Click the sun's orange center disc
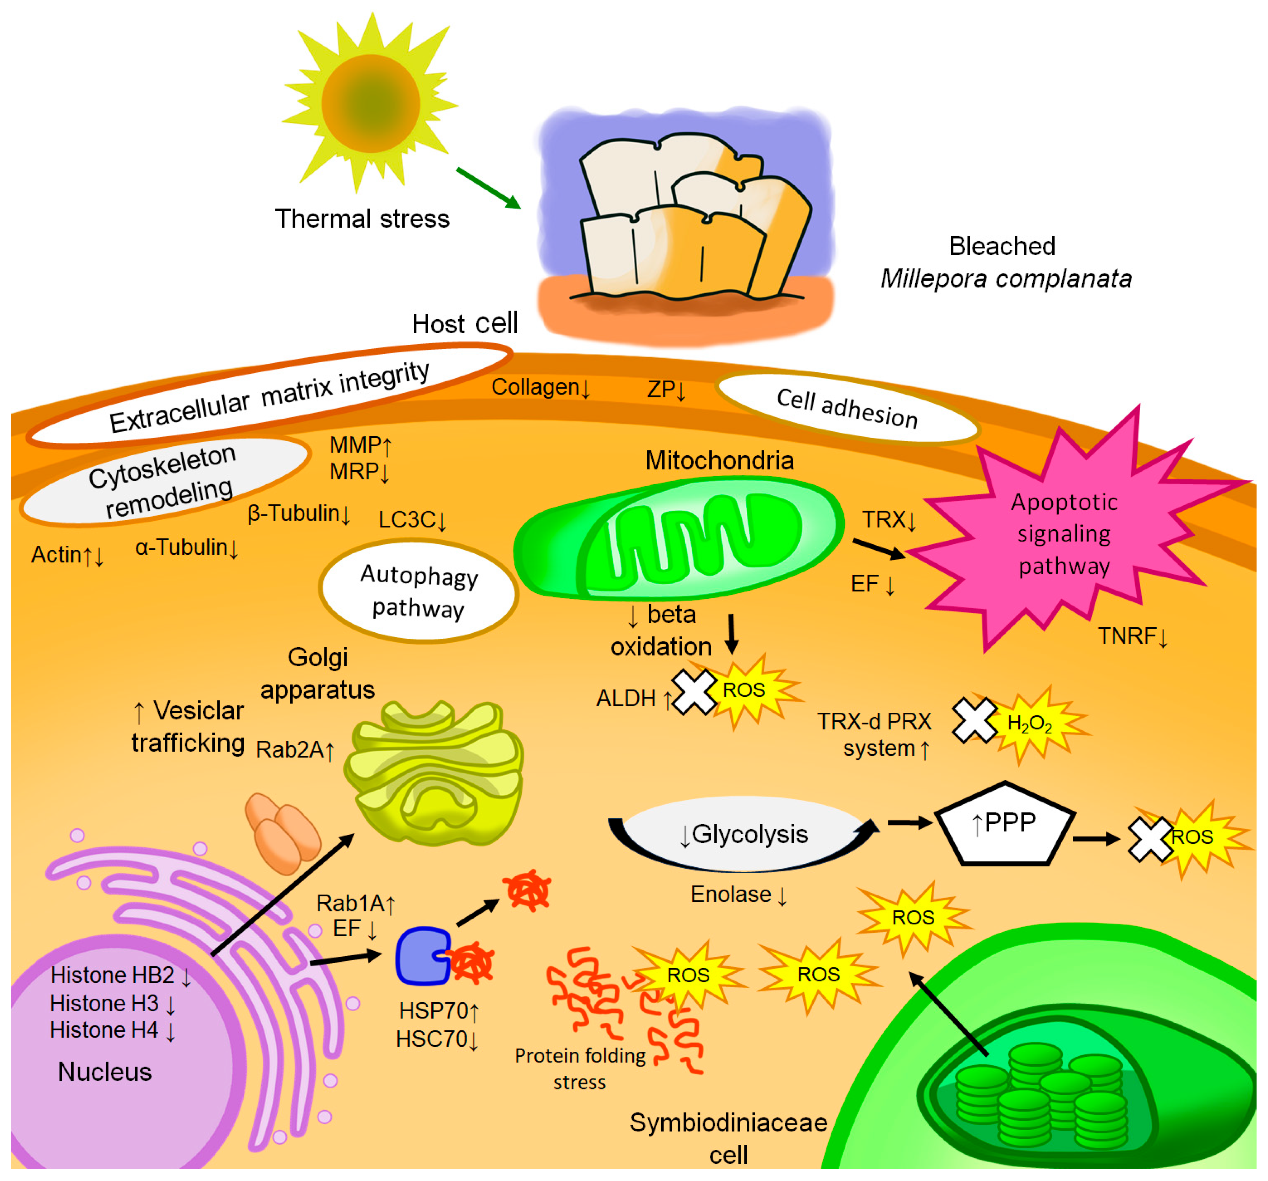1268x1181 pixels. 370,103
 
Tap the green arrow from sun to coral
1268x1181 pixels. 488,188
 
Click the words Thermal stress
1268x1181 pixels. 362,219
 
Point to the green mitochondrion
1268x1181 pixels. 679,539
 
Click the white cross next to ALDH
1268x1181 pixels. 694,691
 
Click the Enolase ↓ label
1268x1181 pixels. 738,895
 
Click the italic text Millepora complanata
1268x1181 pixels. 1006,279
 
